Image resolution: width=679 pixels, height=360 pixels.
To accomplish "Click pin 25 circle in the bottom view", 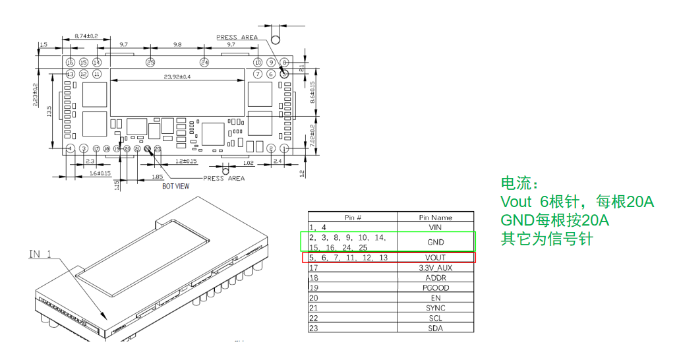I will (150, 62).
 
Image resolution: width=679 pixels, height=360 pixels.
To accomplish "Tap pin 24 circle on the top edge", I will (204, 62).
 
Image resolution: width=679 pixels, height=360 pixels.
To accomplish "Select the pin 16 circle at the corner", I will (71, 62).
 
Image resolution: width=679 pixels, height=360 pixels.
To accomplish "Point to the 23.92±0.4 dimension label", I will (177, 77).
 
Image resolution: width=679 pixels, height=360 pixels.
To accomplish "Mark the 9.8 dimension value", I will (177, 44).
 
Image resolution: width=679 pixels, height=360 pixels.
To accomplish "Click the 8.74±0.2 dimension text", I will (86, 36).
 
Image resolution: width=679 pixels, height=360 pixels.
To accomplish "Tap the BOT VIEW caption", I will (177, 187).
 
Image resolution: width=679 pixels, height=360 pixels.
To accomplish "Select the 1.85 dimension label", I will (157, 177).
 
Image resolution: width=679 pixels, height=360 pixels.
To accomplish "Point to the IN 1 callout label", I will (40, 254).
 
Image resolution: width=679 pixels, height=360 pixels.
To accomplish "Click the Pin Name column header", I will (435, 217).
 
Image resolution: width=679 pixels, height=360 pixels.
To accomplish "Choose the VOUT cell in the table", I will (435, 258).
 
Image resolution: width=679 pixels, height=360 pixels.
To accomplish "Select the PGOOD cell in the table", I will (435, 288).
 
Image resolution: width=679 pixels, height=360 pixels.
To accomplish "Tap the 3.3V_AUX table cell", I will (435, 268).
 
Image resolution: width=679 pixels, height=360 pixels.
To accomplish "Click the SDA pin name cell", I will (435, 328).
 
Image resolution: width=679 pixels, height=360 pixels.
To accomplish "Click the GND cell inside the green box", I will (435, 242).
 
